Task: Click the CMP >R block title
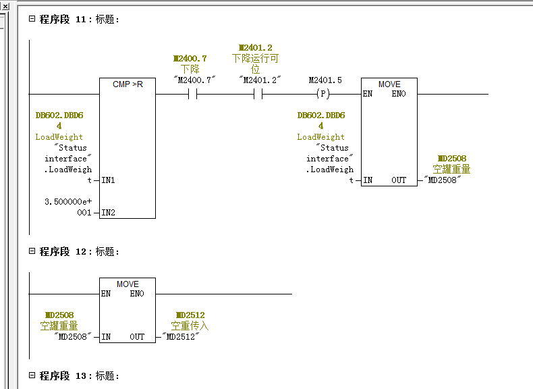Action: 128,84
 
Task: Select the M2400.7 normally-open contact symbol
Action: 191,95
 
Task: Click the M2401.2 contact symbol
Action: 257,95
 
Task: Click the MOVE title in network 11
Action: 389,84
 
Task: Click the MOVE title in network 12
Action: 128,284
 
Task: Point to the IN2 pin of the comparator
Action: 108,213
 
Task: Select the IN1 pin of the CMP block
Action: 108,180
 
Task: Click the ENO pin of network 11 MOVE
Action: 399,94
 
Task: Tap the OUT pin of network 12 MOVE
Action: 138,337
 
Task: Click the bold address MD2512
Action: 190,315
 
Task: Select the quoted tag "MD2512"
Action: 181,337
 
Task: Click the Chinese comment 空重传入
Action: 190,326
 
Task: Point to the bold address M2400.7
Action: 190,59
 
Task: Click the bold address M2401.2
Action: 256,48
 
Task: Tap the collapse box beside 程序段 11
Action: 31,19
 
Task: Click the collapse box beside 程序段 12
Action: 31,251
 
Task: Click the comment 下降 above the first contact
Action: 190,69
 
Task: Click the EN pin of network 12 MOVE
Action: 106,294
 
